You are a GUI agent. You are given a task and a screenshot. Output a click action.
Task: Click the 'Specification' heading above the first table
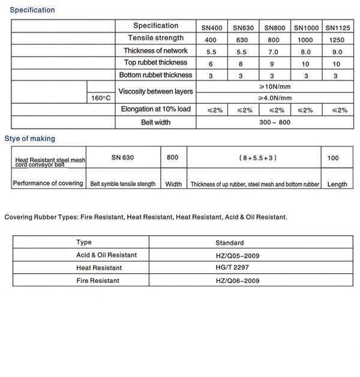(32, 10)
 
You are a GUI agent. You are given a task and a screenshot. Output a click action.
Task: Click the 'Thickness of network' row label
(155, 51)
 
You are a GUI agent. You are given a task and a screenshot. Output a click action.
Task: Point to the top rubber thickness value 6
(211, 64)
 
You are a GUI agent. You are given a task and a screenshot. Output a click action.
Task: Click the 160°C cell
(101, 98)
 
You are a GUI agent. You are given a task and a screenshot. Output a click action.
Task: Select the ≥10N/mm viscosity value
(275, 86)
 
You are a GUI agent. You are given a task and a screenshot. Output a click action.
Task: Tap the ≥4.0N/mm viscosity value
(275, 98)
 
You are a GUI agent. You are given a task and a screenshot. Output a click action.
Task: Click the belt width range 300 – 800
(275, 122)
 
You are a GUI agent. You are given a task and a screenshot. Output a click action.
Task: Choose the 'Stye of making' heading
(29, 139)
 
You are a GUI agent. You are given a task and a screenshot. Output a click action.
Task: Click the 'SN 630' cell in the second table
(123, 158)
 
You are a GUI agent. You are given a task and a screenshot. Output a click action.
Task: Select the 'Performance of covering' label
(48, 183)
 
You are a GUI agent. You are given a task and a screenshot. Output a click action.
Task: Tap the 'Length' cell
(337, 184)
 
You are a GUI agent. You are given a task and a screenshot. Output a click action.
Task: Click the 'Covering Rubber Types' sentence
(146, 217)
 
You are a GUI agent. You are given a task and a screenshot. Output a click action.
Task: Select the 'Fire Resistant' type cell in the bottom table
(98, 280)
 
